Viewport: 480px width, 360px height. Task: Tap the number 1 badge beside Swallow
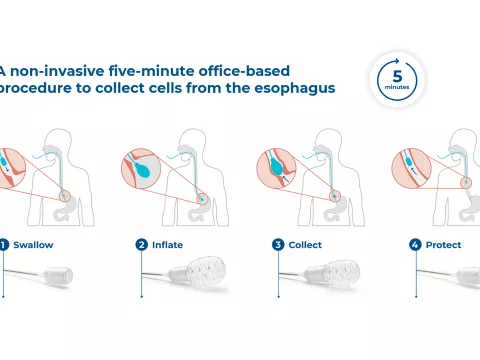(x=4, y=243)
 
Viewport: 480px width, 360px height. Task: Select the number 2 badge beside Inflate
(x=141, y=243)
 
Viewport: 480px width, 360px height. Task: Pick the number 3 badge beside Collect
(x=278, y=243)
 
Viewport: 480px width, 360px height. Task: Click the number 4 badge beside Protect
(x=415, y=243)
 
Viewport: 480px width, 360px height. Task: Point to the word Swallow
(x=34, y=243)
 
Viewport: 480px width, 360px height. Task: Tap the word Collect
(x=306, y=243)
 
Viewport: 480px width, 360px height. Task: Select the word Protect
(x=443, y=243)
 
